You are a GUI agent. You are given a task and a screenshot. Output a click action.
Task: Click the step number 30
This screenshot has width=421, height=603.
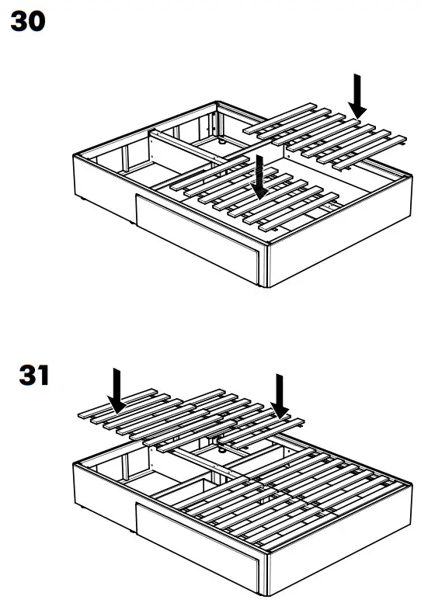pos(27,22)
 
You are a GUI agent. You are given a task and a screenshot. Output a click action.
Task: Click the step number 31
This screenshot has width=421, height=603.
pos(33,376)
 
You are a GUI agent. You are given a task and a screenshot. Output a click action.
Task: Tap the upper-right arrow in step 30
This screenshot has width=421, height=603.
pos(357,95)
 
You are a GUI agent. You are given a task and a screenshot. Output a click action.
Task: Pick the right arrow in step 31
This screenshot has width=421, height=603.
pos(280,395)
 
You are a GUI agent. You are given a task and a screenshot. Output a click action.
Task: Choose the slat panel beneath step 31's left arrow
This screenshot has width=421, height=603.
pos(140,415)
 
